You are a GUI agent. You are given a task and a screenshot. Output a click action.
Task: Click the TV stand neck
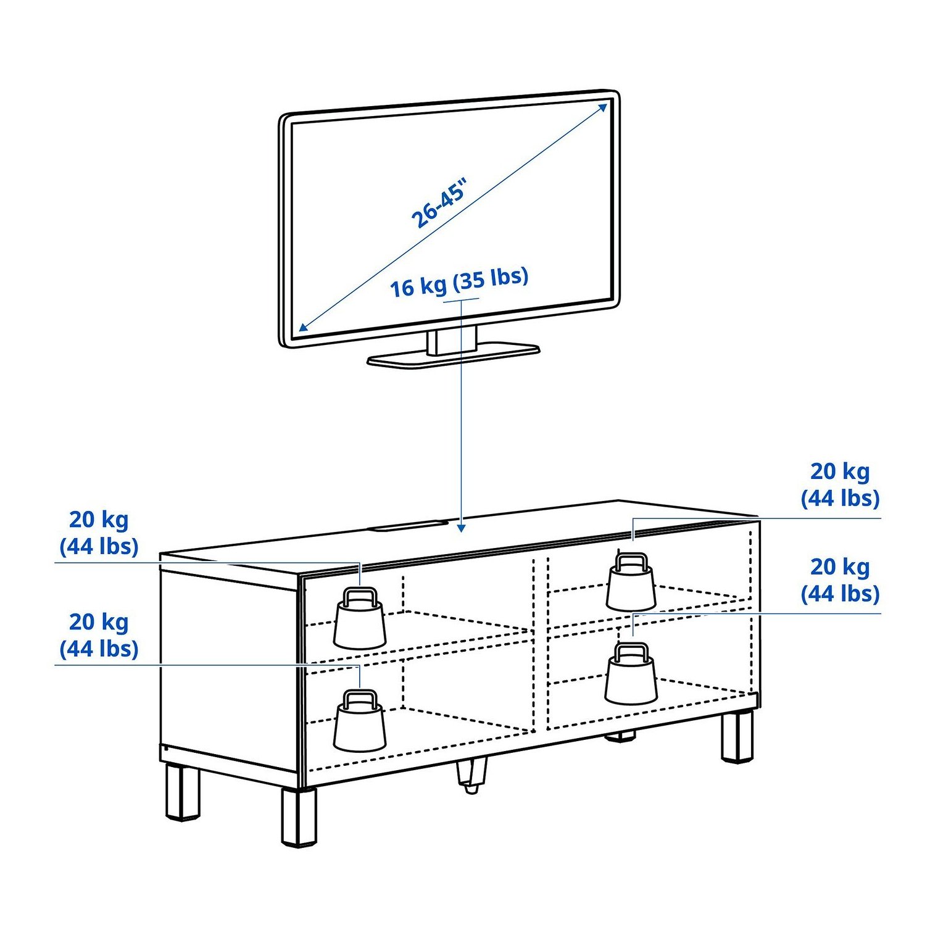[x=452, y=341]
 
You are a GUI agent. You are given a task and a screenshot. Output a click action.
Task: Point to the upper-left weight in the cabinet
[x=360, y=618]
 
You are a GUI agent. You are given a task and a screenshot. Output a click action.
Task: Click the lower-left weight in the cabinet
[x=360, y=721]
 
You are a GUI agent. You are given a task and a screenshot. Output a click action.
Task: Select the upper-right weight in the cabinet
[x=631, y=581]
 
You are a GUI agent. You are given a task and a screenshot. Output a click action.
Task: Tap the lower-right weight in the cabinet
[x=631, y=674]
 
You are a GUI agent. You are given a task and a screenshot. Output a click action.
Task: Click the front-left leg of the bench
[x=299, y=816]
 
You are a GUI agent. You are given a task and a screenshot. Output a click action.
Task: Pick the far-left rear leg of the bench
[x=183, y=792]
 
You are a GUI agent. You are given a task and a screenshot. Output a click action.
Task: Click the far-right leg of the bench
[x=737, y=737]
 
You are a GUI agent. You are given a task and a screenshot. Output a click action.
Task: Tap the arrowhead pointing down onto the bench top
[x=461, y=528]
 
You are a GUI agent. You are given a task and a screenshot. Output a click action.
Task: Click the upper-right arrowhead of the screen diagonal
[x=603, y=108]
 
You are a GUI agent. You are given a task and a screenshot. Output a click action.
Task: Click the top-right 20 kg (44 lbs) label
[x=840, y=485]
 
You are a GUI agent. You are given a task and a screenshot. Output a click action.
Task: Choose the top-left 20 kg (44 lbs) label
[x=99, y=533]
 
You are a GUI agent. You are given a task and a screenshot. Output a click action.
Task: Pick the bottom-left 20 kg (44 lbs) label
[x=99, y=635]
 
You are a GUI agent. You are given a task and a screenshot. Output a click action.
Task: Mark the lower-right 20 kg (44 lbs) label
[x=840, y=581]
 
